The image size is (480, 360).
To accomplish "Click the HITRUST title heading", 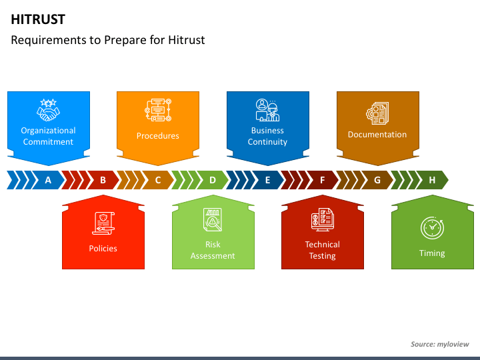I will pos(38,19).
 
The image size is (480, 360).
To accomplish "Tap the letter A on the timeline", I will pos(48,180).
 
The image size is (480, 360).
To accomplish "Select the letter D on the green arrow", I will pos(213,180).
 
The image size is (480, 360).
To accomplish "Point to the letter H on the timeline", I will pos(432,180).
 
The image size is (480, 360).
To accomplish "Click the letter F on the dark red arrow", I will pos(323,180).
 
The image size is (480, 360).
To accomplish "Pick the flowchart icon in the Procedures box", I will pos(158,110).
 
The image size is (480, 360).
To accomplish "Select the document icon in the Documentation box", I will pos(377,113).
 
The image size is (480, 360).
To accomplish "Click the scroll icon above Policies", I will pos(103,223).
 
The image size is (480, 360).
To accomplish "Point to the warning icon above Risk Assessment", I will pos(213,220).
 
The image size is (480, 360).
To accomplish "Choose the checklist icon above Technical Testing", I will pos(322,220).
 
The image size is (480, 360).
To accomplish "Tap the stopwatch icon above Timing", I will pos(432,227).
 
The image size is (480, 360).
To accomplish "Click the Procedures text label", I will pos(158,136).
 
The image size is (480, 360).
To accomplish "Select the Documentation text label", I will pos(377,135).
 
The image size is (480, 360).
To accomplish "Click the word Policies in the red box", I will pos(103,249).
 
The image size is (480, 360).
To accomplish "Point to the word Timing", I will pos(432,253).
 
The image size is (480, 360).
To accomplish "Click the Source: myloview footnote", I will pos(439,344).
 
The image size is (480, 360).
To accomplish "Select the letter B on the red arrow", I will pos(103,180).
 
